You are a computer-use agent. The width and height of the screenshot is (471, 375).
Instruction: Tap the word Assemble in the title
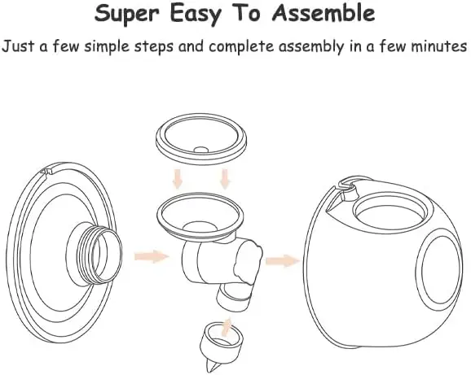point(324,12)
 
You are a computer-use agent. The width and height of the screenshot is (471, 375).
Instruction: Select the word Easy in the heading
point(196,15)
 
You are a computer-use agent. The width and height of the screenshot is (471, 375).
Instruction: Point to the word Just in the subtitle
point(18,46)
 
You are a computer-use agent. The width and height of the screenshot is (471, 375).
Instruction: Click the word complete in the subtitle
point(241,46)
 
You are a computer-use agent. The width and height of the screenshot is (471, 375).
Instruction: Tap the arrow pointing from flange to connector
point(152,256)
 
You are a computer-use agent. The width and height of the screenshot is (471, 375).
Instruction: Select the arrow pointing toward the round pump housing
point(283,260)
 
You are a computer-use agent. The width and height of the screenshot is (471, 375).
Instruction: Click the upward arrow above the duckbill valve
point(227,328)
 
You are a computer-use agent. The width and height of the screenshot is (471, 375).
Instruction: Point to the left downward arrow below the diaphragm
point(178,179)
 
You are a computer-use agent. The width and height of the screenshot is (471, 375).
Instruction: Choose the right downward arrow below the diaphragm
point(225,179)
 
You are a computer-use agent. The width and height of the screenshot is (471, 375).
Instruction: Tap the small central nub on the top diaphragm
point(201,150)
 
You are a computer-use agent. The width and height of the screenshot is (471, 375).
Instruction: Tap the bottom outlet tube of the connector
point(235,296)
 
